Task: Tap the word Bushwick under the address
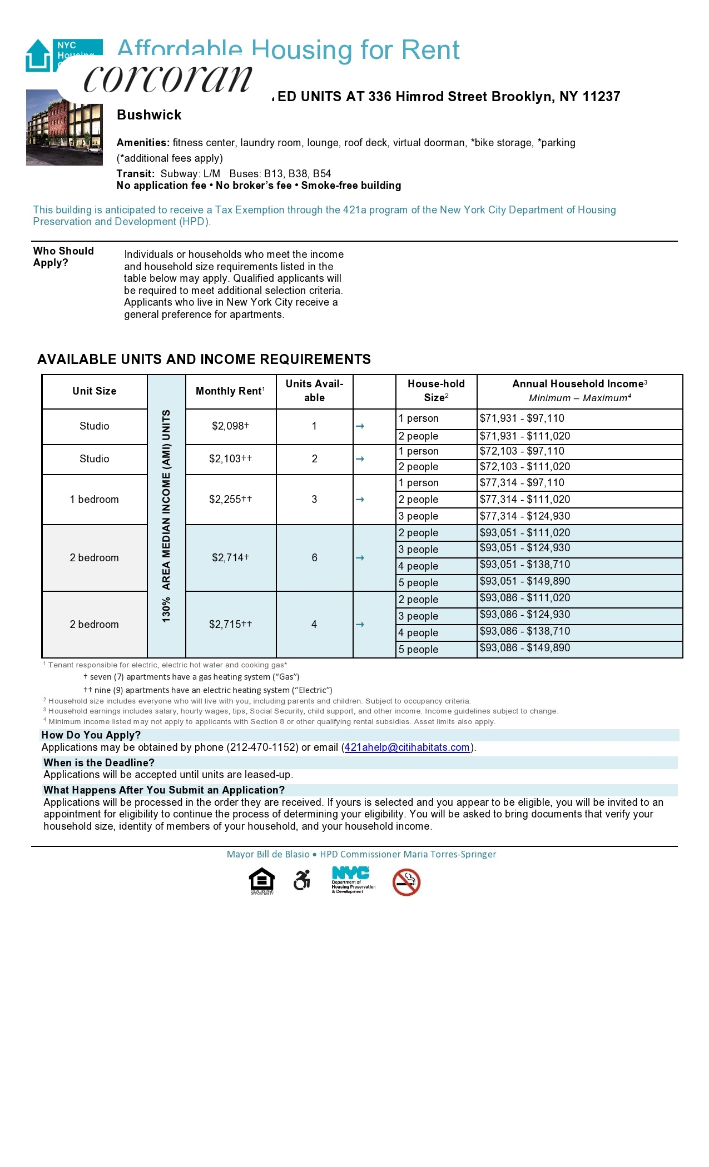click(x=149, y=115)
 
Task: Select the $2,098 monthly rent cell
click(x=230, y=426)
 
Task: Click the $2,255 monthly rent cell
click(x=230, y=499)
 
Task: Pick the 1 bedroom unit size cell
click(x=94, y=499)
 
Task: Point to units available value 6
click(x=314, y=557)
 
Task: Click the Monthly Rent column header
click(x=230, y=391)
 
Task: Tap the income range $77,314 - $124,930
click(x=525, y=516)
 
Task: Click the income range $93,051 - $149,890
click(x=525, y=581)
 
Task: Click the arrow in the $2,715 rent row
click(x=360, y=625)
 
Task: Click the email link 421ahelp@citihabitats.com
click(x=407, y=747)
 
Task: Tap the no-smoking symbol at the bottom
click(x=406, y=882)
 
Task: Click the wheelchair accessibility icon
click(x=302, y=880)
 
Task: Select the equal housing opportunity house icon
click(x=262, y=880)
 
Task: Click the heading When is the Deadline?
click(x=99, y=763)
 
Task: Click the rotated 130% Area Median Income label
click(x=166, y=516)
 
